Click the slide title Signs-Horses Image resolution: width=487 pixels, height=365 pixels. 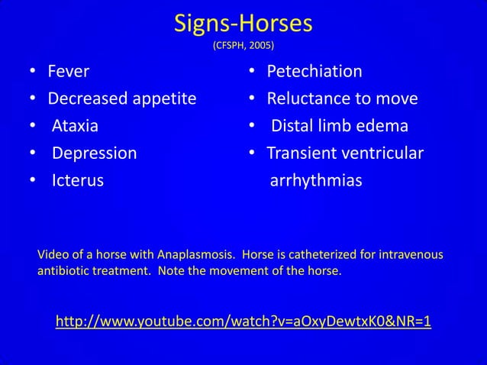243,24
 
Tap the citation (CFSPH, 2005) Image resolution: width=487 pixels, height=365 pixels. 243,45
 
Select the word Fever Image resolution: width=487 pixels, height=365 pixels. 69,72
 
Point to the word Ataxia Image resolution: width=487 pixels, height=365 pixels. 75,126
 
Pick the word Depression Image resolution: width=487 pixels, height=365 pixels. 94,153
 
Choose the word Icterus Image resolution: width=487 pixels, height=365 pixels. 77,181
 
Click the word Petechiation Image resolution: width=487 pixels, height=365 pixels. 314,72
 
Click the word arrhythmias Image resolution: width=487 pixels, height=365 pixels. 316,181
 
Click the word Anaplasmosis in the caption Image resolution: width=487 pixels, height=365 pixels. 197,254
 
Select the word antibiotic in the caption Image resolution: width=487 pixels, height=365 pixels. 64,271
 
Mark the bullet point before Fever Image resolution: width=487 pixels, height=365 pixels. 33,73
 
